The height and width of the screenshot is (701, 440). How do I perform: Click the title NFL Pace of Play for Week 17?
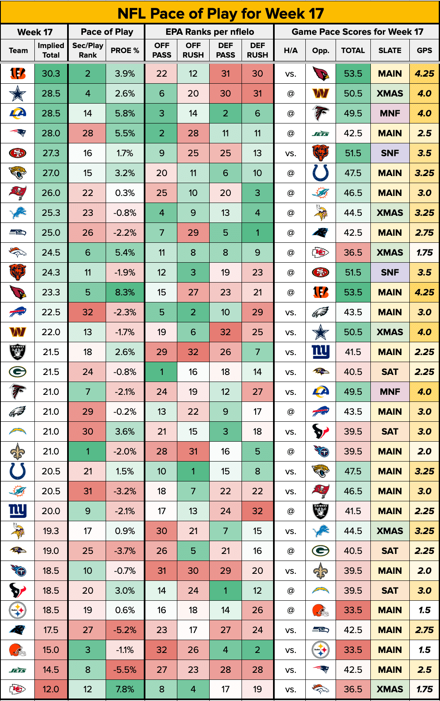tap(220, 13)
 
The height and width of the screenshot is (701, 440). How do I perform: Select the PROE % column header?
tap(125, 51)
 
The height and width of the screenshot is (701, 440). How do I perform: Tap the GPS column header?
tap(424, 51)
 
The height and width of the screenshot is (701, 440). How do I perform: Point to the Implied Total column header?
tap(51, 51)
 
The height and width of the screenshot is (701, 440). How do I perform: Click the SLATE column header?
tap(389, 51)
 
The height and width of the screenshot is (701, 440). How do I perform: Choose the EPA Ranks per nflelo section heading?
tap(210, 32)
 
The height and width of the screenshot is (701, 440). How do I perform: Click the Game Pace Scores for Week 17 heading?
tap(357, 32)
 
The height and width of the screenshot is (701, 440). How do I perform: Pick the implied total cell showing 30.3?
tap(51, 74)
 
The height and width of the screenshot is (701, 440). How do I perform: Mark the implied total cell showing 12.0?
tap(51, 689)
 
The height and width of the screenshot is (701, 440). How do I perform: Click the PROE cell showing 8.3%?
tap(125, 292)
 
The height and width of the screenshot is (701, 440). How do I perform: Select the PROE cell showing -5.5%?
tap(125, 670)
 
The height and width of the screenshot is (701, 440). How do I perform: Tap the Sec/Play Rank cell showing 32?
tap(87, 312)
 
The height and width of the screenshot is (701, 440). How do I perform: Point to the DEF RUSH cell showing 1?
tap(257, 233)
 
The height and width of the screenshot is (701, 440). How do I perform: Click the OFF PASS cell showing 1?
tap(162, 372)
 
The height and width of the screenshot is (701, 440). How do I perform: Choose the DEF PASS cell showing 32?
tap(225, 332)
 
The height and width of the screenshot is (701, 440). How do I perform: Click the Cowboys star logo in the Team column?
tap(18, 94)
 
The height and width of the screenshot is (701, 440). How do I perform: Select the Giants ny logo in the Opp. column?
tap(320, 352)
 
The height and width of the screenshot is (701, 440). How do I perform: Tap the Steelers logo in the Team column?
tap(18, 610)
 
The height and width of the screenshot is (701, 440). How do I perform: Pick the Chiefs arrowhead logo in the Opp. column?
tap(320, 253)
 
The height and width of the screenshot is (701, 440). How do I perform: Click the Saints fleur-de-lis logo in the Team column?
tap(18, 452)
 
